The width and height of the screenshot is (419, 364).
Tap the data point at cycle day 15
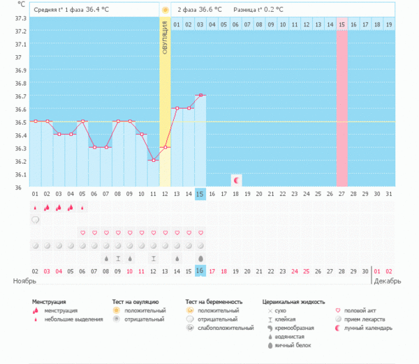200,96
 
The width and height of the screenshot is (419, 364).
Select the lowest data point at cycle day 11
153,160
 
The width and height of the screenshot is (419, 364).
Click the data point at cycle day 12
165,147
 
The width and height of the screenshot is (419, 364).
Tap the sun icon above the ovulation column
165,10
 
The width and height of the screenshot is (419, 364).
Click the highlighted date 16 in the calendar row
200,271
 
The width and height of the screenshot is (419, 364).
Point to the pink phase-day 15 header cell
342,24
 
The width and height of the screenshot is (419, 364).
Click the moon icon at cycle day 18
236,180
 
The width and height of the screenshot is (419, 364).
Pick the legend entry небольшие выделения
68,319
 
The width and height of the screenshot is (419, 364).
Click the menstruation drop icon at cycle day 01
35,207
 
